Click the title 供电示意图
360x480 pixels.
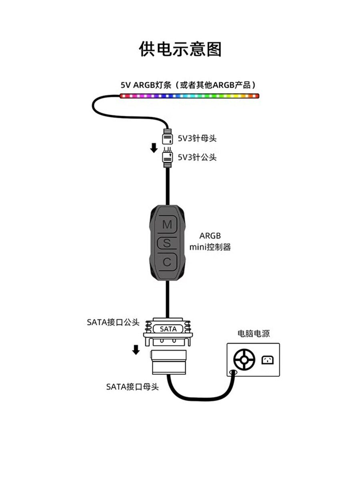click(x=180, y=49)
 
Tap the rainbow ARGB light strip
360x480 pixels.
click(x=189, y=96)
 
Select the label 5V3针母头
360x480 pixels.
click(x=197, y=139)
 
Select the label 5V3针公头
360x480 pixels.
click(x=197, y=157)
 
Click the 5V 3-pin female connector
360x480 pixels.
click(x=166, y=138)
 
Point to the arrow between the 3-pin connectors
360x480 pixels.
click(x=154, y=148)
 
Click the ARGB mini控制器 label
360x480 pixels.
click(x=210, y=241)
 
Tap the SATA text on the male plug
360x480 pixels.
click(x=168, y=329)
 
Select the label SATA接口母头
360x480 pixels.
click(x=132, y=386)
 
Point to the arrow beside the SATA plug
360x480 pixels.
click(x=136, y=350)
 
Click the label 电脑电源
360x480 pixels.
click(x=254, y=334)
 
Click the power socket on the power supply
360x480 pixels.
click(x=268, y=360)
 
